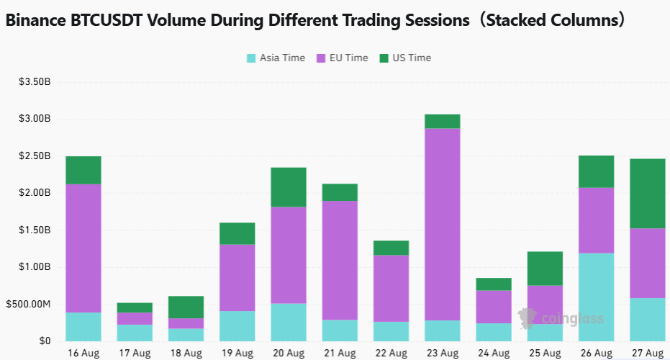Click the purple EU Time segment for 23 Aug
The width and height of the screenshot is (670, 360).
coord(443,225)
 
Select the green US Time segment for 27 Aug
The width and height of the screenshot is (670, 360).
coord(648,194)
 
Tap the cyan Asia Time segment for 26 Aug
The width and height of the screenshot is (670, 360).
coord(596,297)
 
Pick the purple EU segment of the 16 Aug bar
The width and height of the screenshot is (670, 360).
coord(83,248)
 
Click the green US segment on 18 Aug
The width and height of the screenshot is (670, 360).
coord(186,307)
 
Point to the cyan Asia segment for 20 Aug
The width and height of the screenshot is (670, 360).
coord(289,323)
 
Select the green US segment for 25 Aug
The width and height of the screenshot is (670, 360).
coord(545,269)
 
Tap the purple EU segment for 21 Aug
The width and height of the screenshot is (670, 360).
coord(340,261)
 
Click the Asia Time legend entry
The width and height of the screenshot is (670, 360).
coord(276,58)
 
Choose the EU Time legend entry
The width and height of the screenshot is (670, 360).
coord(343,58)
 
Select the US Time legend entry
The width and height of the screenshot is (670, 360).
coord(405,58)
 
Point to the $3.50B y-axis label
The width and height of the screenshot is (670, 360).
coord(35,81)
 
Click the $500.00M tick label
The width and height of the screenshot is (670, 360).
coord(28,305)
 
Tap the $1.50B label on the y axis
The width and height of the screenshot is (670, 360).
coord(35,230)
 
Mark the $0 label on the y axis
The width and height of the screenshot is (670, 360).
coord(45,341)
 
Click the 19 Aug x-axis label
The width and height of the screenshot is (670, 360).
coord(237,354)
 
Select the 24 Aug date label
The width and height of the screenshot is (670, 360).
coord(494,354)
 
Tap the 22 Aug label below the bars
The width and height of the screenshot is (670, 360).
coord(391,354)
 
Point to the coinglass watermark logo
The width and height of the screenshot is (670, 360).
coord(561,318)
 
